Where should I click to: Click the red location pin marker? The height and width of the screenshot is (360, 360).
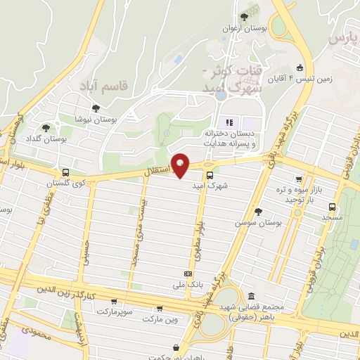click(181, 165)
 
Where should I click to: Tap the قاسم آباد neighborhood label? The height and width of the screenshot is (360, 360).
click(116, 86)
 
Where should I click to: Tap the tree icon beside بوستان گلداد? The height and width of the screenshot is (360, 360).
click(46, 128)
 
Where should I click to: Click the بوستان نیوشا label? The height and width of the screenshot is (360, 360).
click(96, 120)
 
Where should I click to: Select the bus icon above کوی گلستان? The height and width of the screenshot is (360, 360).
click(65, 172)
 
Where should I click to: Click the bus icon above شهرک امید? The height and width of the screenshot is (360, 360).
click(210, 175)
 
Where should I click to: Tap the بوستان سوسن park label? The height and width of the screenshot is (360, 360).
click(259, 223)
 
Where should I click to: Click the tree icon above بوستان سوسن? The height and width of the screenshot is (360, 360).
click(258, 211)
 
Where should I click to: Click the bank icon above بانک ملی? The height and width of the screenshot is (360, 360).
click(188, 274)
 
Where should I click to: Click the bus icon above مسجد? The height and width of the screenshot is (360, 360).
click(332, 207)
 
